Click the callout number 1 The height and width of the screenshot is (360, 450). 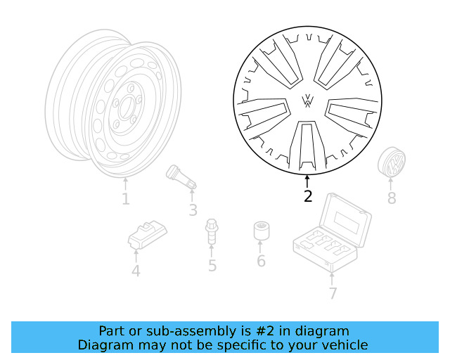tap(125, 200)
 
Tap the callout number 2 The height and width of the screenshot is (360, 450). tap(307, 197)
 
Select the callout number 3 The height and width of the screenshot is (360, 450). tap(193, 210)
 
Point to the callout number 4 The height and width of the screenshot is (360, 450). tap(136, 271)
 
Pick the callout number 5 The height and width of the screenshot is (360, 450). tap(212, 266)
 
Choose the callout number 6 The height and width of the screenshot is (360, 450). tap(261, 262)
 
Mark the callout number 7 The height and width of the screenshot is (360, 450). tap(333, 294)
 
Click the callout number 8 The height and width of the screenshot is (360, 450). tap(392, 199)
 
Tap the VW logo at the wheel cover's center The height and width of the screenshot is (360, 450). tap(308, 101)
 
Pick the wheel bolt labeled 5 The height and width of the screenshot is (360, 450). tap(211, 233)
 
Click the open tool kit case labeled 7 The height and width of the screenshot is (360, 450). tap(331, 236)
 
